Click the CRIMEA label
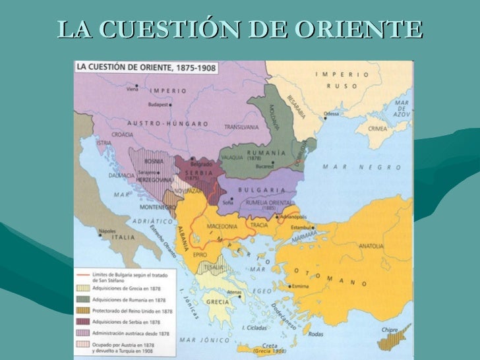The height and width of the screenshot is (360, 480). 378,129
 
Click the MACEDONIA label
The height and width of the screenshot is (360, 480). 222,226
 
